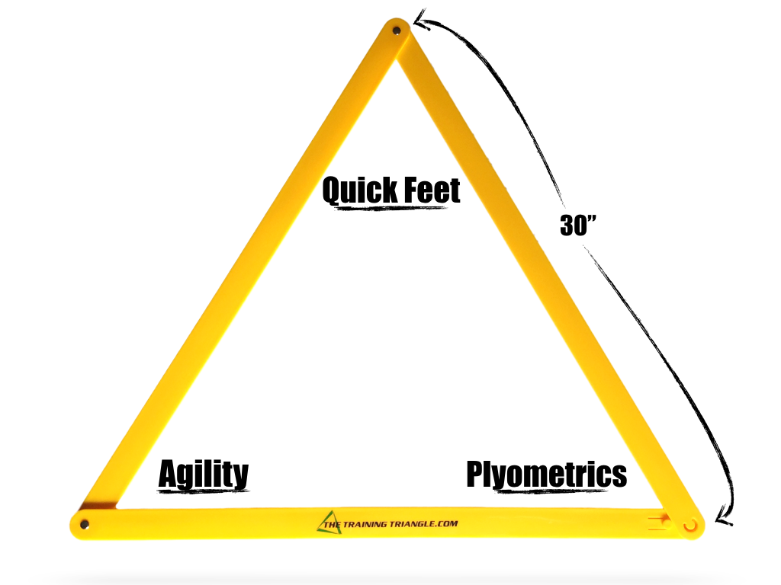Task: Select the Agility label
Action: click(203, 474)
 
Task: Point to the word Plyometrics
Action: click(546, 474)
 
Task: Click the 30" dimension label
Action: click(577, 225)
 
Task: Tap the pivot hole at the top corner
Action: click(396, 30)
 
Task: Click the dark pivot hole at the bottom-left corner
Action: click(84, 524)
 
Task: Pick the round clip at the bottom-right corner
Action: click(691, 525)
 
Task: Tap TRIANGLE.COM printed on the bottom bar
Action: click(427, 523)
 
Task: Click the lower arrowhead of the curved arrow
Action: click(723, 520)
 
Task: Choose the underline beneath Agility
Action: click(203, 488)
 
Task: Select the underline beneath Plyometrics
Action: click(546, 488)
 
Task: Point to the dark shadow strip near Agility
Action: click(99, 506)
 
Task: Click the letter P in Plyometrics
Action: click(475, 473)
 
